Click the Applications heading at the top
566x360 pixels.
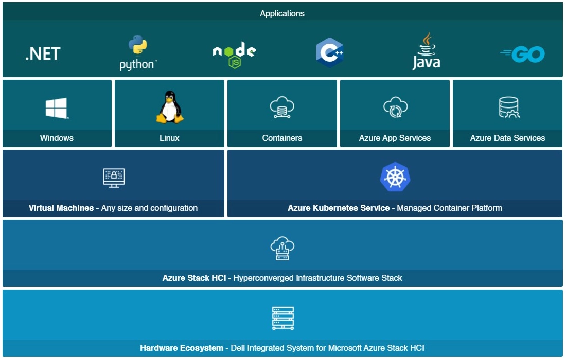(282, 14)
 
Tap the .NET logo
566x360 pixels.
(43, 53)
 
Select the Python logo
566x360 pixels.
(137, 53)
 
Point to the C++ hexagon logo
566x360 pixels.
(330, 52)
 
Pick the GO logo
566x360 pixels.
(523, 54)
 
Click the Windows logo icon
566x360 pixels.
(57, 109)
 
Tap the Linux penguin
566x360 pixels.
(169, 107)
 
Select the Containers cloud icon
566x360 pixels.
(282, 107)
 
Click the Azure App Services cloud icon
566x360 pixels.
(395, 107)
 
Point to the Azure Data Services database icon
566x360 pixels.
(508, 107)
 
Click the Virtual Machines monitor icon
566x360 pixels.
(114, 177)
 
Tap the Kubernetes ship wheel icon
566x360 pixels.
(395, 177)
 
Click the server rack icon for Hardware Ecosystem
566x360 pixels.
(282, 318)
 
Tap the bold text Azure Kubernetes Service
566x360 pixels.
(339, 208)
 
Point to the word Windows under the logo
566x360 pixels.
(57, 138)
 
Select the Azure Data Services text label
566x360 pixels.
(507, 138)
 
